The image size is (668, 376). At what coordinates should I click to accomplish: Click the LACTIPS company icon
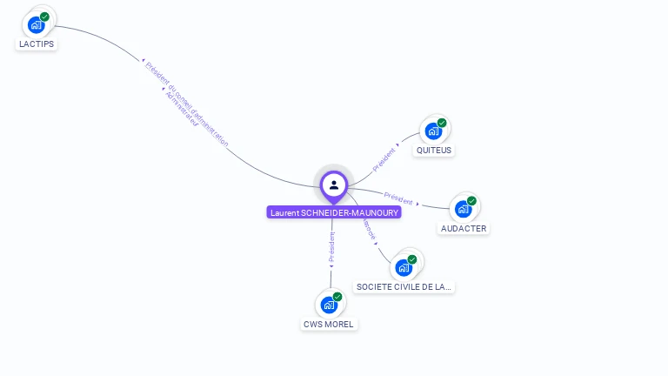[x=37, y=23]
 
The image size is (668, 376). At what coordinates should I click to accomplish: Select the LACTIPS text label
[x=37, y=44]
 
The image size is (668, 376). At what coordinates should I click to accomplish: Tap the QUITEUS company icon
[x=433, y=131]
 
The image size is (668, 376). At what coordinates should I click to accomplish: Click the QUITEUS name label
[x=434, y=150]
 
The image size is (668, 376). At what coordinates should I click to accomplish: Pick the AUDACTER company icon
[x=464, y=209]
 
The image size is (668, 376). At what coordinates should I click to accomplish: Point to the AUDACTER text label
[x=464, y=228]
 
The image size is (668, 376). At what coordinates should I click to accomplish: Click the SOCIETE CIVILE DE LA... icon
[x=404, y=267]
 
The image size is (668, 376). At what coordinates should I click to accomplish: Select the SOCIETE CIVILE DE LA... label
[x=404, y=286]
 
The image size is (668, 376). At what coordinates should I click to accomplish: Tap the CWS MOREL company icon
[x=329, y=305]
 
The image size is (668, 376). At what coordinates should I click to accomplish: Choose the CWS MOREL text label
[x=329, y=324]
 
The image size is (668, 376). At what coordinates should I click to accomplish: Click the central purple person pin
[x=334, y=185]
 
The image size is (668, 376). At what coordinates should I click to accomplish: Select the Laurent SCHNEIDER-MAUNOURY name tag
[x=334, y=212]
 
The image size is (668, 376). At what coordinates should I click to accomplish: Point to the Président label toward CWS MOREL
[x=331, y=247]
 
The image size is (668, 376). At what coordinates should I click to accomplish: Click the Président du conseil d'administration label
[x=187, y=103]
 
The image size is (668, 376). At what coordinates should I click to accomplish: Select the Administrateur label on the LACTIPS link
[x=181, y=109]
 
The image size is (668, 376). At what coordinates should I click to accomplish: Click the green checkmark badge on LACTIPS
[x=44, y=17]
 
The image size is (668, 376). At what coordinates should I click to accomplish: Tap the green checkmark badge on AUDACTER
[x=471, y=201]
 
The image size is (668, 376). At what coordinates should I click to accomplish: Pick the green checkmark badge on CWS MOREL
[x=337, y=297]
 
